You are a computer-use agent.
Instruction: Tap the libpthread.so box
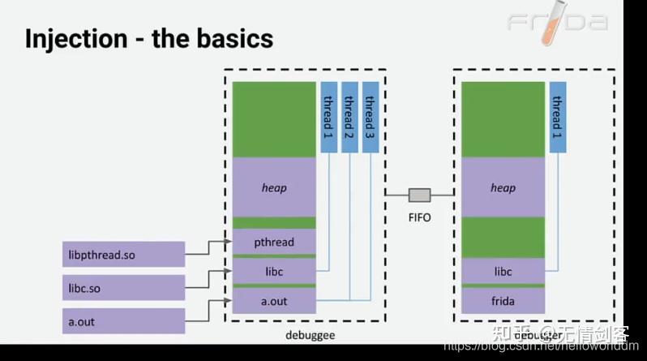(x=123, y=255)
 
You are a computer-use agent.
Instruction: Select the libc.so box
(x=123, y=286)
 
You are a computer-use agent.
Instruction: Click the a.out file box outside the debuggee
(x=123, y=320)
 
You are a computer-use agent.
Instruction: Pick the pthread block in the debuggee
(x=274, y=242)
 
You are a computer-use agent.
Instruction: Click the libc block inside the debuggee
(x=274, y=271)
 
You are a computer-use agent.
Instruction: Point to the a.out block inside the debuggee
(x=274, y=301)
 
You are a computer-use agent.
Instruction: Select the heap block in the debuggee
(x=274, y=187)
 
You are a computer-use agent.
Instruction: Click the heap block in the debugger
(x=503, y=187)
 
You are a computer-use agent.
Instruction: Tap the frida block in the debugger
(x=503, y=301)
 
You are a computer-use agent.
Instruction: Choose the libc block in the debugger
(x=503, y=271)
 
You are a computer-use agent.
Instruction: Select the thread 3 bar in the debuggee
(x=371, y=116)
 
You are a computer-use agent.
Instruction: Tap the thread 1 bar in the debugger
(x=557, y=116)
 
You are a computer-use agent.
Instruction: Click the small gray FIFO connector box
(x=419, y=195)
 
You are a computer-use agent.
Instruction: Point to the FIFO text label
(x=419, y=218)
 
